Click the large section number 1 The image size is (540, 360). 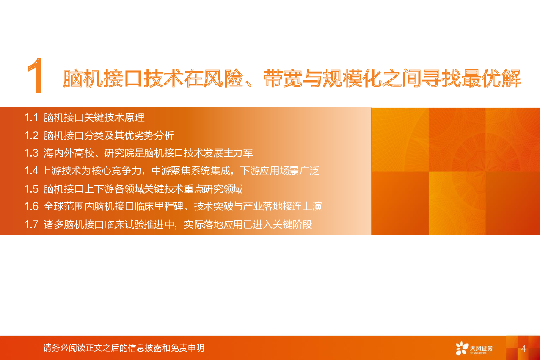[36, 75]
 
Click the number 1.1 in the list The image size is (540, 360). [31, 118]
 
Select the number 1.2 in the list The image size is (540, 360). [31, 136]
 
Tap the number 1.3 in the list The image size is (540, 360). [31, 153]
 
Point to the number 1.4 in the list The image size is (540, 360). [31, 171]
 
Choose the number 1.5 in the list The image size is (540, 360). [31, 189]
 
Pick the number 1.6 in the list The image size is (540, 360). [31, 207]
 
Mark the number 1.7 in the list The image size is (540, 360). [31, 224]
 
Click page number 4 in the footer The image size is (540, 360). [523, 349]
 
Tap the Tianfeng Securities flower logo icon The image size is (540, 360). [462, 348]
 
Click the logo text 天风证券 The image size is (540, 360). [481, 348]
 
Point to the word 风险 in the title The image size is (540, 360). [223, 78]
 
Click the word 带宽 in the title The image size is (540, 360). [283, 78]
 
